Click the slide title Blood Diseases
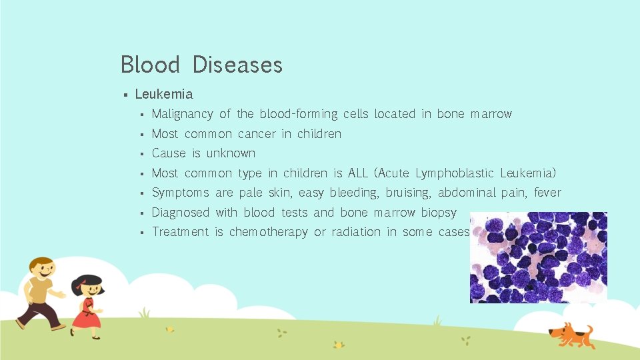pyautogui.click(x=201, y=65)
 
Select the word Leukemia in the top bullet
pyautogui.click(x=164, y=94)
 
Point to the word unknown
pyautogui.click(x=231, y=153)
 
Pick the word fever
pyautogui.click(x=547, y=193)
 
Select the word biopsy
pyautogui.click(x=438, y=213)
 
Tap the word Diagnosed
pyautogui.click(x=180, y=213)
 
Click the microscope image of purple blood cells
pyautogui.click(x=538, y=257)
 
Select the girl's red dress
pyautogui.click(x=86, y=313)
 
